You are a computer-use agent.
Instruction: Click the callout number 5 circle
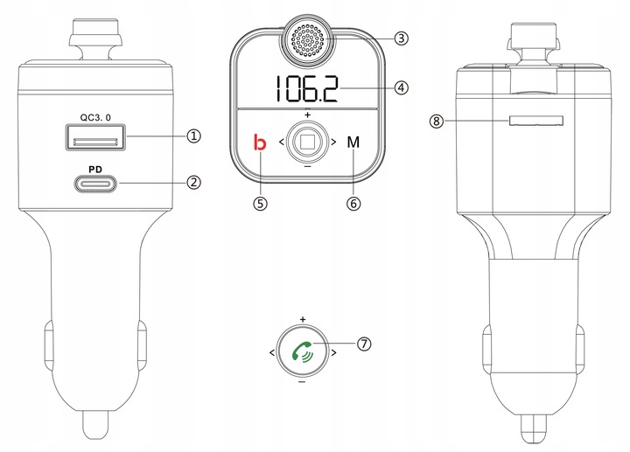click(258, 202)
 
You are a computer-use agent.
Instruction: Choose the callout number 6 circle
click(353, 202)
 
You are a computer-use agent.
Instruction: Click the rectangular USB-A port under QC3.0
click(96, 138)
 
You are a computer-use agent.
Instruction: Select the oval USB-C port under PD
click(96, 184)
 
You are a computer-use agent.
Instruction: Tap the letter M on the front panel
click(353, 142)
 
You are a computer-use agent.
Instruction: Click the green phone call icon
click(303, 351)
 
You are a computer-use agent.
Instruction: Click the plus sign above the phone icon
click(302, 319)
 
